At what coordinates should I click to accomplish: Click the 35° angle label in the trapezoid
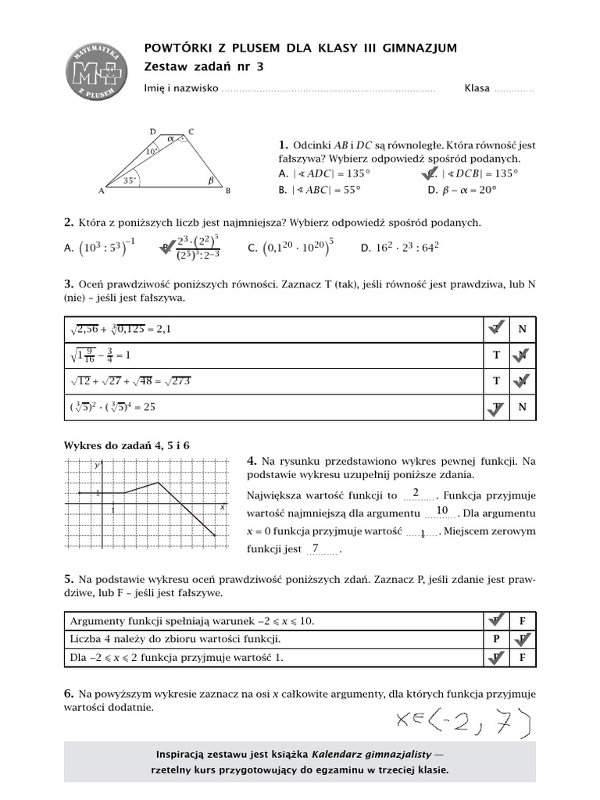click(130, 180)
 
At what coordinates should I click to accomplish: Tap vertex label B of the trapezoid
click(227, 191)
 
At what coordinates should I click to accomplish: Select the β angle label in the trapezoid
click(209, 180)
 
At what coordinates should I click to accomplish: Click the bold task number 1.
click(283, 145)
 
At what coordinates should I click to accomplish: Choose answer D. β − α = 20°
click(462, 189)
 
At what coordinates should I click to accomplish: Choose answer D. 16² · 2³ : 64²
click(400, 248)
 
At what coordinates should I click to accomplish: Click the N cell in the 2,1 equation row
click(521, 329)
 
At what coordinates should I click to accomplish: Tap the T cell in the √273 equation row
click(495, 380)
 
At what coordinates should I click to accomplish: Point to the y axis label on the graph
click(97, 466)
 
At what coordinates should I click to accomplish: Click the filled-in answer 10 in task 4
click(441, 511)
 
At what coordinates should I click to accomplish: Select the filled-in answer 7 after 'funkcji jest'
click(315, 548)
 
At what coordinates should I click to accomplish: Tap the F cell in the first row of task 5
click(521, 621)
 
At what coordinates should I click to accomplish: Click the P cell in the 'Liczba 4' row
click(495, 639)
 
